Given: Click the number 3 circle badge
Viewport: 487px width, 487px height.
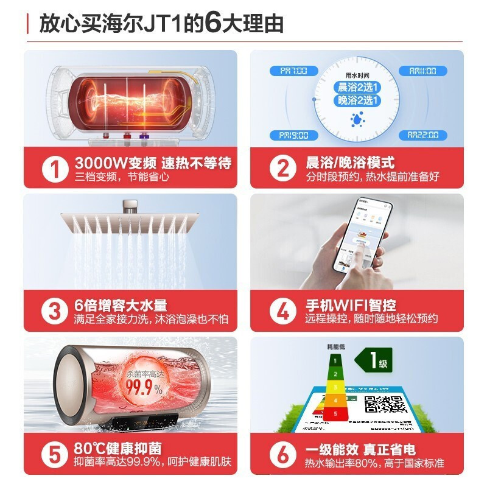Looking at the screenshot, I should click(x=55, y=311).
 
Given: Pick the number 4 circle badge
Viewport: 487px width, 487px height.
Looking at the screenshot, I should click(x=282, y=311).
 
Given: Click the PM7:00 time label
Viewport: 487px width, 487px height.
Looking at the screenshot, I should click(x=294, y=71).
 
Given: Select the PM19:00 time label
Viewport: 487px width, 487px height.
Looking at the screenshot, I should click(x=294, y=135).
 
